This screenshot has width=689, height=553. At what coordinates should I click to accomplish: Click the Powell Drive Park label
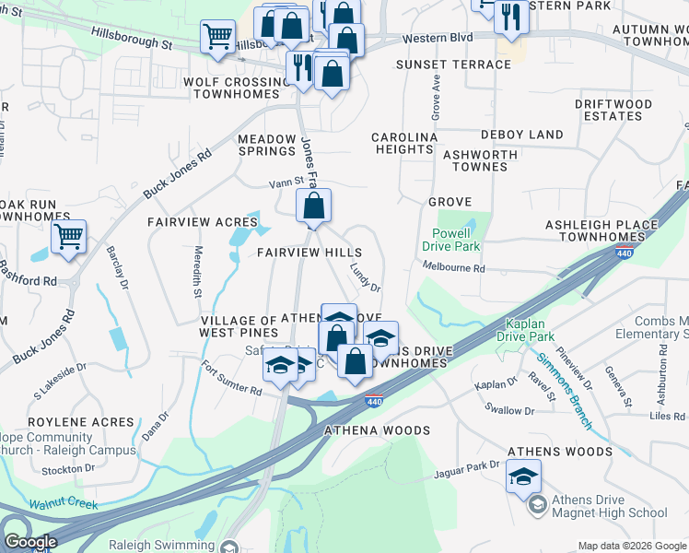tap(451, 240)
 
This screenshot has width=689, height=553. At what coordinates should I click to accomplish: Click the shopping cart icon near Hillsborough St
tap(217, 38)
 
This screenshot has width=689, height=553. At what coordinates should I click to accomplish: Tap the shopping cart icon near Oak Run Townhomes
tap(69, 236)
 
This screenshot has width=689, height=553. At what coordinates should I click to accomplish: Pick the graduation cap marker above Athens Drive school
tap(524, 476)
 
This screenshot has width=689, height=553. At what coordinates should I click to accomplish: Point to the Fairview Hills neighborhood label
tap(309, 252)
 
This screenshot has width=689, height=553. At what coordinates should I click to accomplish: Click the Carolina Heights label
tap(403, 143)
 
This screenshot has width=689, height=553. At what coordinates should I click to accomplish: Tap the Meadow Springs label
tap(267, 145)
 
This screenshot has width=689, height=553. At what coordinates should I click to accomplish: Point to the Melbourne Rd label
tap(453, 267)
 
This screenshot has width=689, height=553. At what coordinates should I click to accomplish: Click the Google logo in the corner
tap(29, 542)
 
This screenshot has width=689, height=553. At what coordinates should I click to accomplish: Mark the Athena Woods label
tap(377, 430)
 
